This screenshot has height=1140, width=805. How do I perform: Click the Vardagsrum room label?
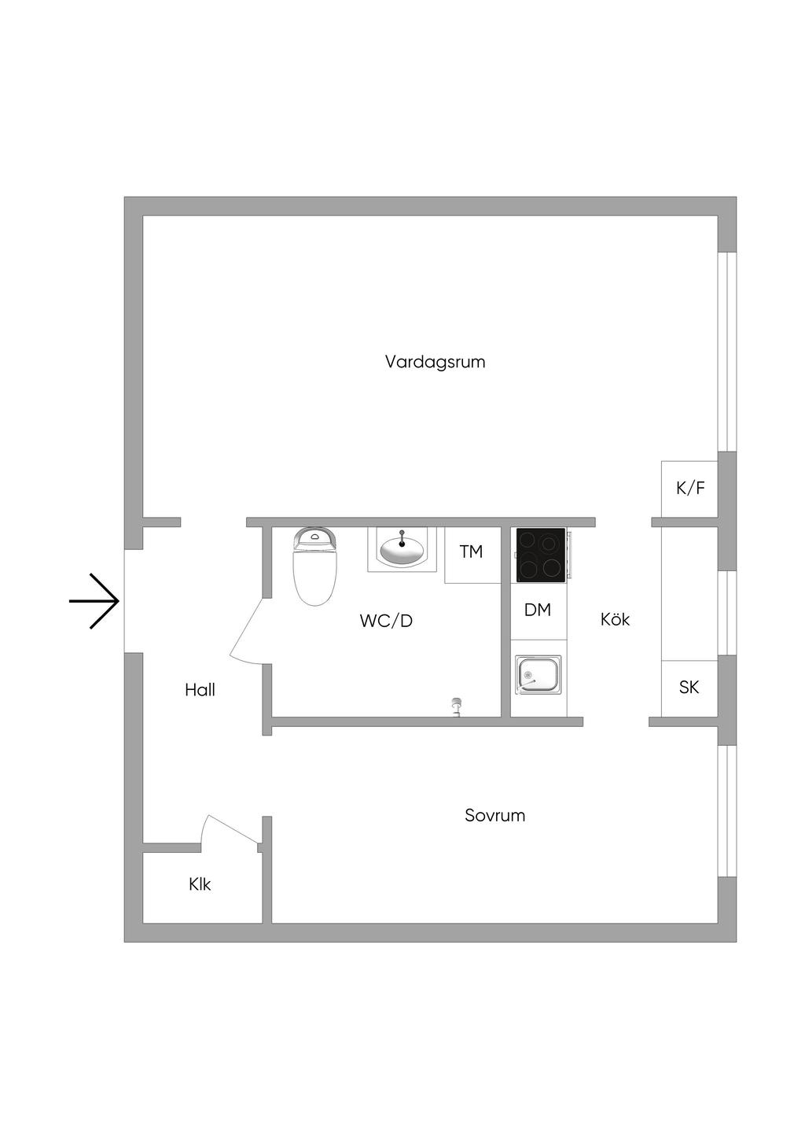click(435, 362)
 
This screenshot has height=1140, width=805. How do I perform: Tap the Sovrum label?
click(494, 815)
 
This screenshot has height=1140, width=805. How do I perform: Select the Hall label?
click(200, 690)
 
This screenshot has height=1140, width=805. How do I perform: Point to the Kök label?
click(615, 619)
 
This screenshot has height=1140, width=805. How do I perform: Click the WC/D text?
click(386, 621)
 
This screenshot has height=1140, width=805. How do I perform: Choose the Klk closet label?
click(200, 884)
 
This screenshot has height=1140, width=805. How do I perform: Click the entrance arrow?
click(94, 601)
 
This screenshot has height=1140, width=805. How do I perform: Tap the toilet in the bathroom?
click(315, 564)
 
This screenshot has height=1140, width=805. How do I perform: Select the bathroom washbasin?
click(402, 548)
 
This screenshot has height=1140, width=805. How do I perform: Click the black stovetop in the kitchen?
click(540, 555)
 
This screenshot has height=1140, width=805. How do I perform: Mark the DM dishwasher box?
click(538, 610)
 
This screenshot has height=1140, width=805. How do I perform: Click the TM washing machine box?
click(472, 552)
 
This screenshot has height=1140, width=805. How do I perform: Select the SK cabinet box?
click(689, 688)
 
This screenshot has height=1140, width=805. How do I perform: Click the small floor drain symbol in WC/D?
click(455, 706)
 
